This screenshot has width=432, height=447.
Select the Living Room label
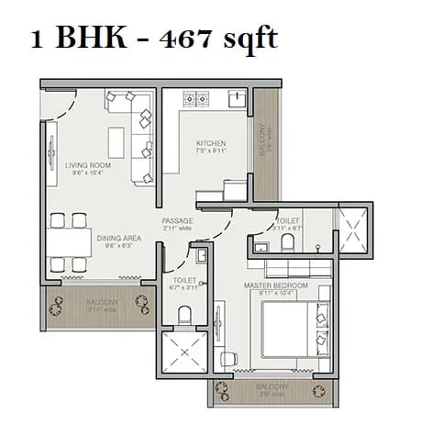[87, 166]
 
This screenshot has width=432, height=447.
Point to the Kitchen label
[211, 144]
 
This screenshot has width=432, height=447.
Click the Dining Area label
[119, 238]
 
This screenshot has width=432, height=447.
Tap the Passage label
[176, 221]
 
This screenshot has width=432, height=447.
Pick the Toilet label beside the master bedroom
[289, 221]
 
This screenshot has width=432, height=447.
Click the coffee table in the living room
[116, 142]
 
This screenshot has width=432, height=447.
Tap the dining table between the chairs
[70, 242]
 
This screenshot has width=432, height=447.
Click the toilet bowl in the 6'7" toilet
[184, 313]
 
